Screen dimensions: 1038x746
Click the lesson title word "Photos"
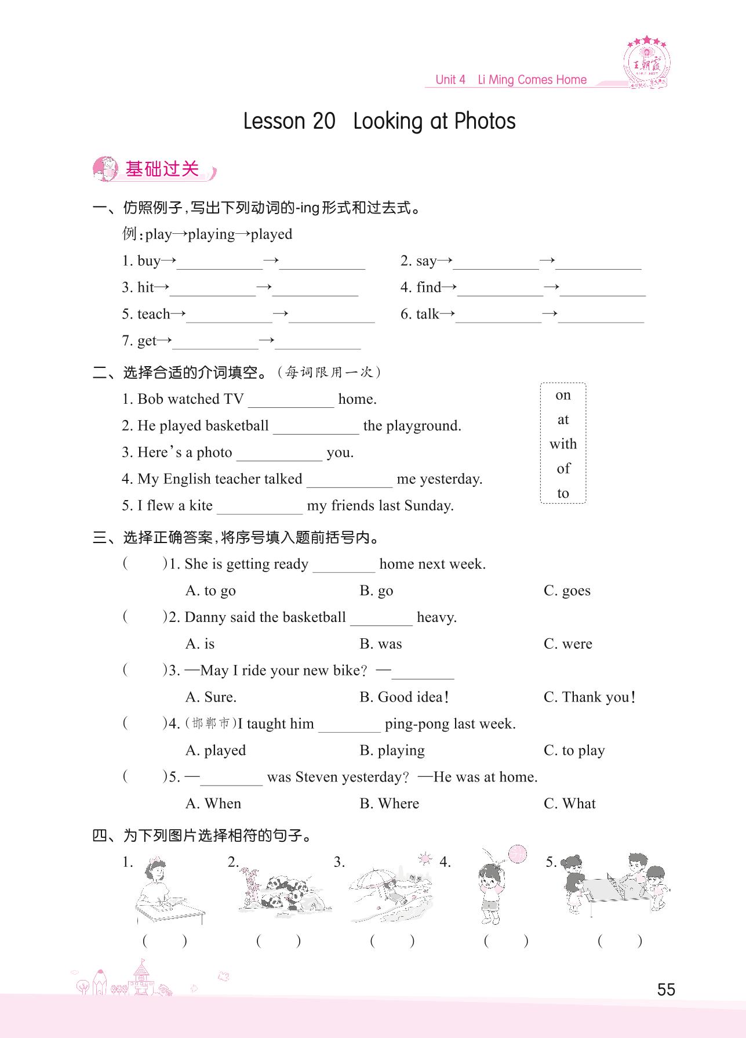[485, 121]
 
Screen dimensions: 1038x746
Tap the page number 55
[666, 989]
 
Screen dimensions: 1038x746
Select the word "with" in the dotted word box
[563, 444]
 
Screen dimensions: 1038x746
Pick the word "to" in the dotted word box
[563, 493]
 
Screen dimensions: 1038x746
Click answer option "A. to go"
[210, 591]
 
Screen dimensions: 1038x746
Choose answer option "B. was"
[380, 644]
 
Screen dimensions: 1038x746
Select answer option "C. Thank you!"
[589, 697]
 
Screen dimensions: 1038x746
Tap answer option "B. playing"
[392, 751]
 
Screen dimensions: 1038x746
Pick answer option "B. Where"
[389, 804]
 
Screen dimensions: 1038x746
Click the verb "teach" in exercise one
[154, 314]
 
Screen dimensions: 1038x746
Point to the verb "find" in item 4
[429, 287]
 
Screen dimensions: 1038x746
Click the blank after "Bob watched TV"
[291, 400]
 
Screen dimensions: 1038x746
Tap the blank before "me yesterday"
[350, 480]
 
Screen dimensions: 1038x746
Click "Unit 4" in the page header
[450, 80]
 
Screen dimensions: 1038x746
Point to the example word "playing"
[211, 234]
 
